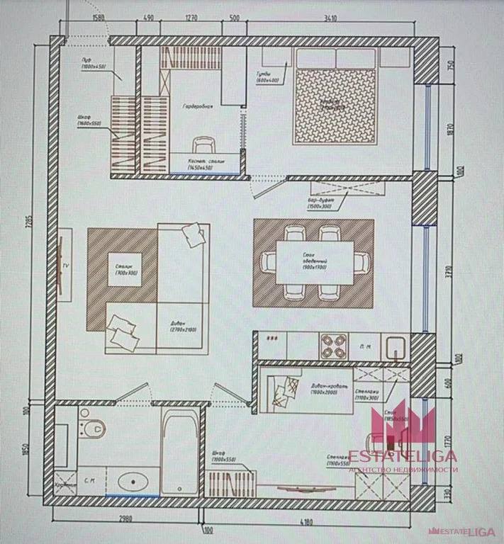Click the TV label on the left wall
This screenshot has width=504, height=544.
pos(65,265)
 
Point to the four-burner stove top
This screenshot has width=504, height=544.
pos(333,346)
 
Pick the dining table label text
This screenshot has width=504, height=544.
pos(310,263)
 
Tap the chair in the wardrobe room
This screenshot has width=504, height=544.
pos(203,145)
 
